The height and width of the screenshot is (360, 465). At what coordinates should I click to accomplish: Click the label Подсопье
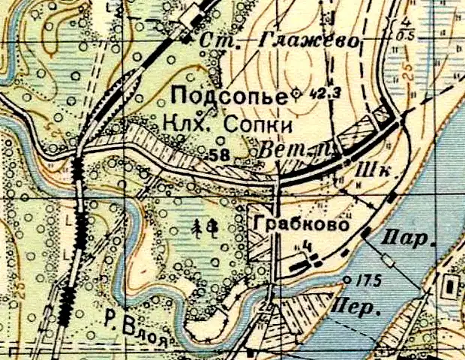coord(229,97)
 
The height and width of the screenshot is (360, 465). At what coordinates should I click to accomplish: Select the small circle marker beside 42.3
coord(295,93)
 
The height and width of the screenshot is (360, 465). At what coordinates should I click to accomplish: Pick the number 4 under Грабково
coord(307,244)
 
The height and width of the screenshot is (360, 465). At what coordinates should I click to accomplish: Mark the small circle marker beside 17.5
coord(346,280)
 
